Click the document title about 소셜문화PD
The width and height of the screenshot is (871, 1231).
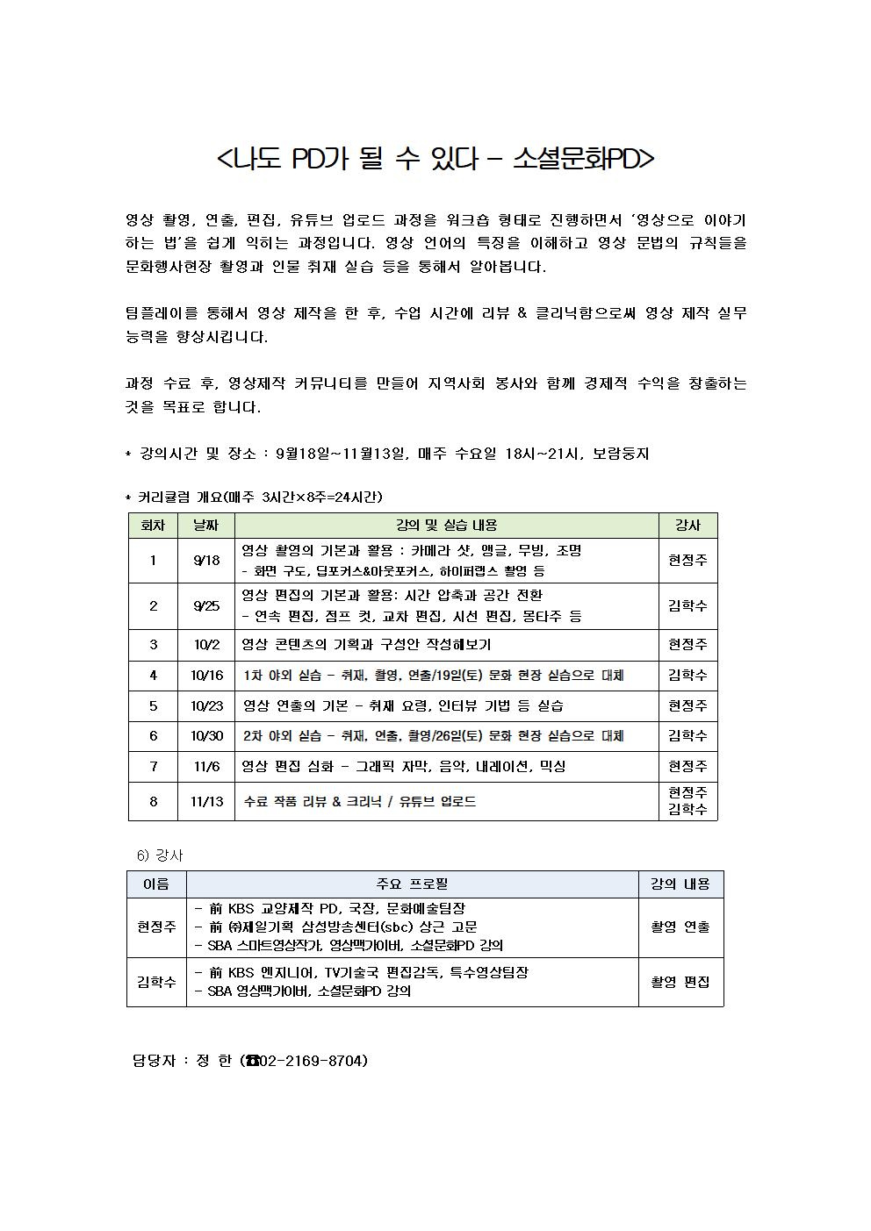435,159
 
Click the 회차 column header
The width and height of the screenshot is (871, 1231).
153,526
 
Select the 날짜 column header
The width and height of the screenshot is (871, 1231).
207,526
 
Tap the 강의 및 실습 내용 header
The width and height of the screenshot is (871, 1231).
446,526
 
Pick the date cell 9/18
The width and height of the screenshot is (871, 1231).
207,561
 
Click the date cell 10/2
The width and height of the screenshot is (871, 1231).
207,645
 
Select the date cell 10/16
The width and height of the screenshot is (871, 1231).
207,676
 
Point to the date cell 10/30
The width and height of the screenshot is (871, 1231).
207,736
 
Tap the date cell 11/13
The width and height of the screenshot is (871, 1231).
207,802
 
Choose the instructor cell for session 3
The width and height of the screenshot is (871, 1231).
687,645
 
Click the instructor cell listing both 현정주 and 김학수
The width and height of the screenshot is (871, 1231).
687,801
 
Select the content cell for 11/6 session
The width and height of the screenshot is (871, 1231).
446,767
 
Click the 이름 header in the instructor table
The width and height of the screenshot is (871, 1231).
156,884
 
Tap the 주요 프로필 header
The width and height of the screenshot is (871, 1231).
412,884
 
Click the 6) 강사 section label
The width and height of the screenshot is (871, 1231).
160,855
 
